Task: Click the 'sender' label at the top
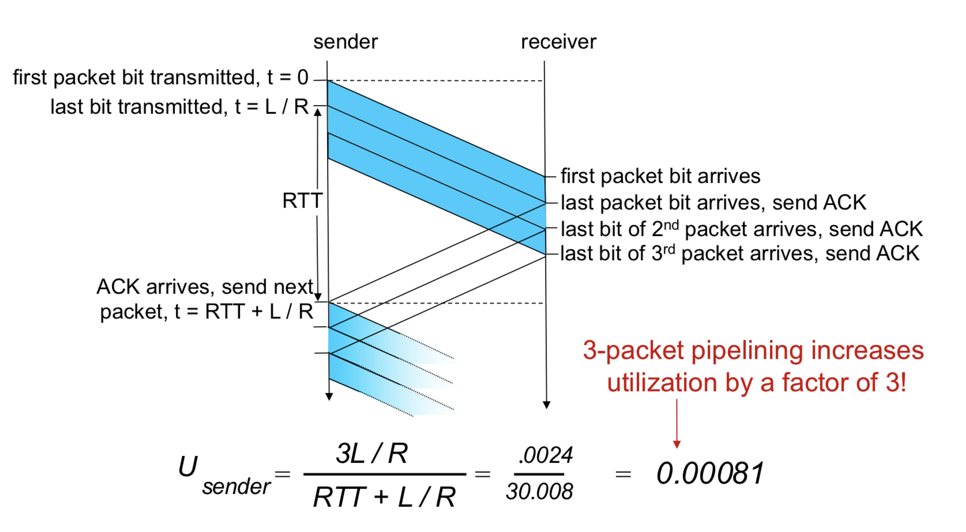click(x=345, y=42)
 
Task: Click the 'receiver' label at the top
click(x=558, y=42)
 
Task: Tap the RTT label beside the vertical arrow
click(x=302, y=201)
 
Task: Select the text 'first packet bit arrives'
click(x=660, y=176)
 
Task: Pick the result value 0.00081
click(x=710, y=473)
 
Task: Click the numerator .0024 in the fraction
click(x=545, y=455)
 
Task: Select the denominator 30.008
click(x=539, y=492)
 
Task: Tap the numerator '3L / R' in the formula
click(x=372, y=454)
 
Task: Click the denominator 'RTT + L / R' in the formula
click(x=384, y=497)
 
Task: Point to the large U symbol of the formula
click(x=188, y=466)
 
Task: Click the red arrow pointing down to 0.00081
click(x=676, y=425)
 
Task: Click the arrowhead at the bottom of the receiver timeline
click(x=546, y=405)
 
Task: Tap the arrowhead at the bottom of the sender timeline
click(x=329, y=396)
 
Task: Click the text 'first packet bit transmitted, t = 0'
click(x=160, y=77)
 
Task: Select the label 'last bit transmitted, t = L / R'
click(x=179, y=107)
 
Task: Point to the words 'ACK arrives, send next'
click(x=205, y=287)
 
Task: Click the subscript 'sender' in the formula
click(x=236, y=487)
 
